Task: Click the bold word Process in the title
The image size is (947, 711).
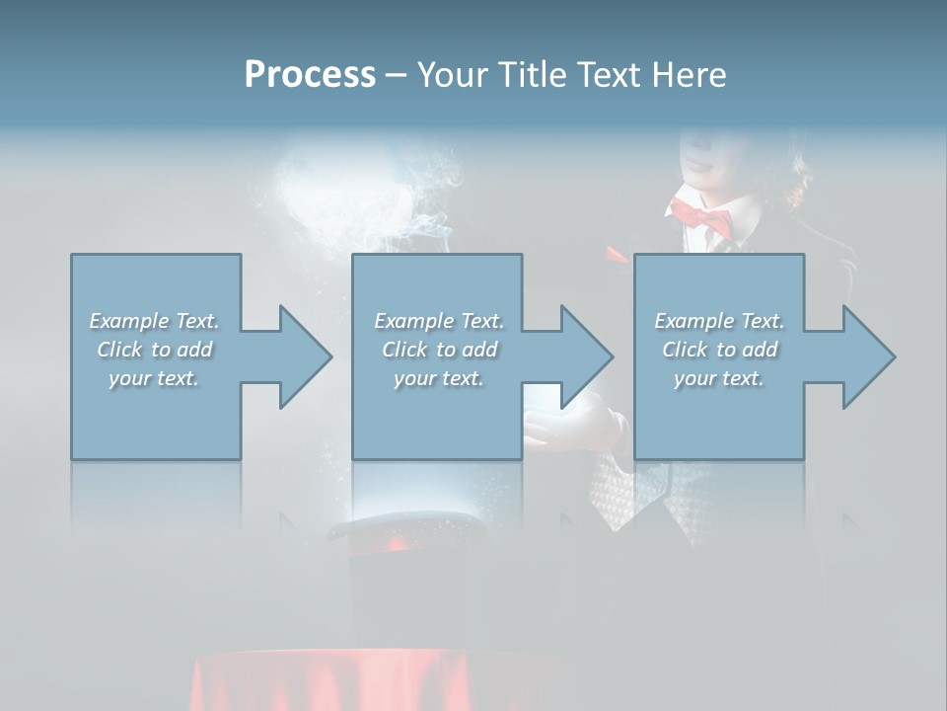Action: coord(310,74)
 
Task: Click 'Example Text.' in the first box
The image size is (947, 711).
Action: coord(154,321)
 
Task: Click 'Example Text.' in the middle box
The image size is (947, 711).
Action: coord(439,321)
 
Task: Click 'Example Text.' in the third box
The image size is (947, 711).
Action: coord(719,321)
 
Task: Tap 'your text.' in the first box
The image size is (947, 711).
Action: coord(154,378)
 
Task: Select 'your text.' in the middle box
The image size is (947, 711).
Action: coord(439,378)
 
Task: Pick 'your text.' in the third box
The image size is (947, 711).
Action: coord(719,378)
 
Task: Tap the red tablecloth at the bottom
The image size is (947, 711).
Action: coord(375,681)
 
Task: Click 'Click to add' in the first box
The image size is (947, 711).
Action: coord(154,350)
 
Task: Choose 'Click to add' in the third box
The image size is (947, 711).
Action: coord(719,350)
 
